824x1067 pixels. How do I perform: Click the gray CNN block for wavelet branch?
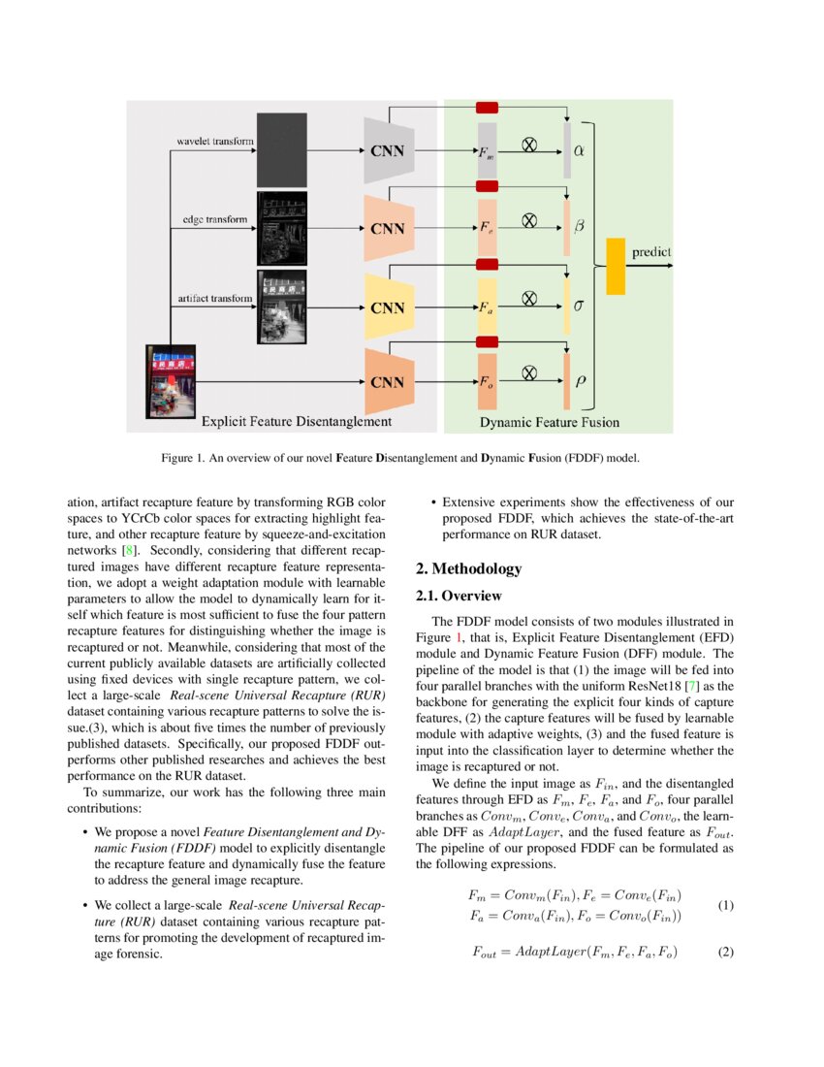coord(389,150)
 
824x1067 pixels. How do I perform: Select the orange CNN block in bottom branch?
coord(389,381)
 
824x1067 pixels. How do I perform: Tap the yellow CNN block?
coord(389,307)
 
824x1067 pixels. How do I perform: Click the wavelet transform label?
coord(214,142)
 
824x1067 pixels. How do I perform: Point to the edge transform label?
coord(214,219)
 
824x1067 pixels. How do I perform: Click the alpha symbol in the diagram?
coord(580,150)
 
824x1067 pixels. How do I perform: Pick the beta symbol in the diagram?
coord(580,225)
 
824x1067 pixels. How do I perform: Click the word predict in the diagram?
coord(650,252)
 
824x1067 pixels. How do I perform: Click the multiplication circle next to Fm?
coord(530,144)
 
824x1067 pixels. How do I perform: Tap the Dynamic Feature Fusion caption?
coord(549,422)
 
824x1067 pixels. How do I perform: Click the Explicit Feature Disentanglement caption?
coord(296,422)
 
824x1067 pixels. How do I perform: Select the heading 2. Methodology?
coord(468,569)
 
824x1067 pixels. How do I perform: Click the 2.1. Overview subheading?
coord(459,596)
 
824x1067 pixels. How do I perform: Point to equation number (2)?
coord(726,952)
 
